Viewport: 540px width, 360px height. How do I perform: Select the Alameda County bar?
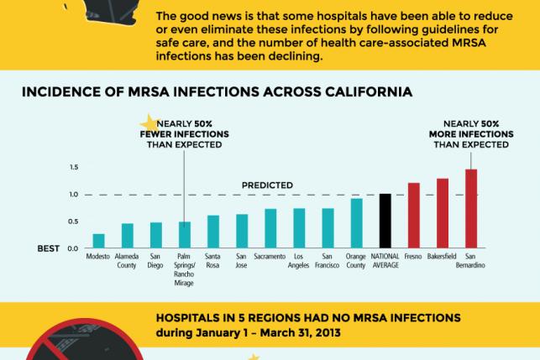click(127, 236)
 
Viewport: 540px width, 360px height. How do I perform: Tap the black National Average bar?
click(385, 221)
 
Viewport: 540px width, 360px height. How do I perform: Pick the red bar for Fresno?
click(413, 216)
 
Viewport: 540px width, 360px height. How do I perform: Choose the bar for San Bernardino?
click(470, 209)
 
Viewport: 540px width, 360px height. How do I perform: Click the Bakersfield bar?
click(442, 213)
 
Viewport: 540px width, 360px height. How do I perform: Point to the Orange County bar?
click(356, 223)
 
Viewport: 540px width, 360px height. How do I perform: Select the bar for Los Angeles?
click(299, 228)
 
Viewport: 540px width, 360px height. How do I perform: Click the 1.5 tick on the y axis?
click(73, 168)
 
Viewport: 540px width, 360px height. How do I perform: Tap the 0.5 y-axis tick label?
click(73, 222)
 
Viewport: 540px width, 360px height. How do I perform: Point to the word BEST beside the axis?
click(49, 248)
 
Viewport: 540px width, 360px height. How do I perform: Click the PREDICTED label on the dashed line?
click(267, 185)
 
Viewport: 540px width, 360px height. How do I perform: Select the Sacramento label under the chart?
click(270, 255)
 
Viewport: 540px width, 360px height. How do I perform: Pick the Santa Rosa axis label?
click(212, 258)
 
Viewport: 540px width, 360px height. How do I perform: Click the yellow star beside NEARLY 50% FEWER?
click(149, 123)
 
